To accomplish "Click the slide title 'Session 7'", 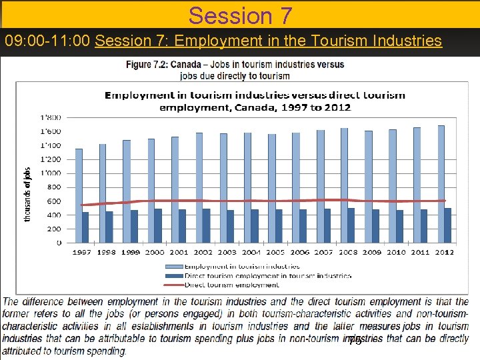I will point(240,15).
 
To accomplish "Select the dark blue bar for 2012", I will point(448,225).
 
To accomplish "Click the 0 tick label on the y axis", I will point(59,243).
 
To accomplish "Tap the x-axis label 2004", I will point(251,252).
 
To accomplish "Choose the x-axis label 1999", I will point(130,252).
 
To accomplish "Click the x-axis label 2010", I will point(397,252).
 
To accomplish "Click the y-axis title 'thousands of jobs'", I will point(28,194).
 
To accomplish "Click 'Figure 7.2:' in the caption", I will point(147,65).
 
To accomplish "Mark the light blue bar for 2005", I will point(271,188).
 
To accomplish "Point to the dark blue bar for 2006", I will point(303,226).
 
